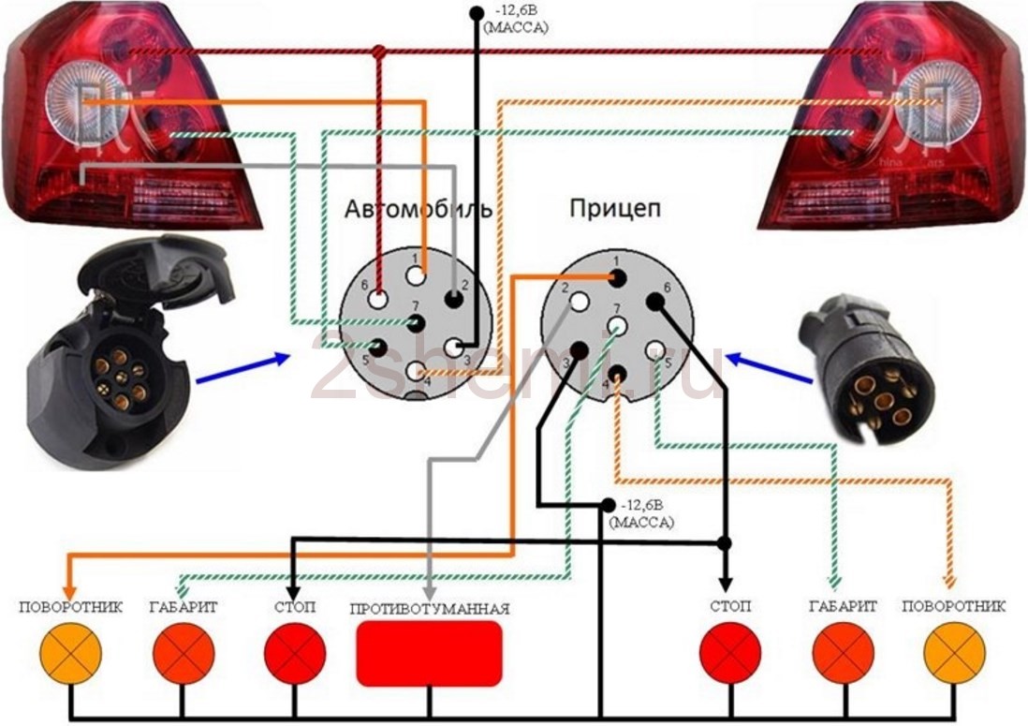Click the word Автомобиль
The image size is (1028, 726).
click(418, 208)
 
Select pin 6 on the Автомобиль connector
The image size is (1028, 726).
click(378, 300)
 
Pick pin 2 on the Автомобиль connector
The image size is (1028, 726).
click(454, 301)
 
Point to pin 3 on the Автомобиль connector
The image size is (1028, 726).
click(455, 348)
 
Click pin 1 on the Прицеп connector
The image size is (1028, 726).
click(617, 278)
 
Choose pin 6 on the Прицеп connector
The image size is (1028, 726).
click(654, 302)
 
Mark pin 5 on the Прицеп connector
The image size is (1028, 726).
click(654, 350)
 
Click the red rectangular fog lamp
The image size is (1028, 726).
click(429, 653)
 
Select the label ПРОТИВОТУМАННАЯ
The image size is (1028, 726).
click(430, 609)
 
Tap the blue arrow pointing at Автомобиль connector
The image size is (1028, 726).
click(239, 367)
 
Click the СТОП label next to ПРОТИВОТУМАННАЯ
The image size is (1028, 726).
click(294, 608)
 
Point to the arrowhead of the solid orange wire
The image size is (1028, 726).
click(70, 574)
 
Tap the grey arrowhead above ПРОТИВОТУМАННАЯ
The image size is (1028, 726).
click(429, 591)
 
